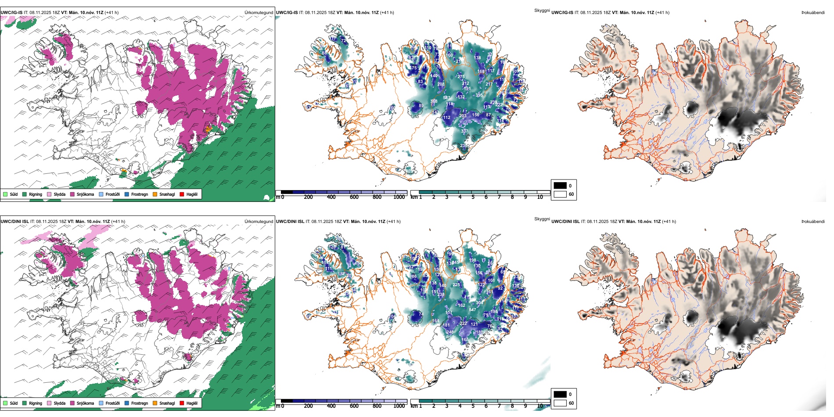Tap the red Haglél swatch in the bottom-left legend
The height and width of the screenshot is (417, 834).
tap(182, 403)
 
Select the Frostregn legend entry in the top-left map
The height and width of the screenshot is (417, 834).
tap(139, 194)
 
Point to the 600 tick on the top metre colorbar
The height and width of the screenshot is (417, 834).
tap(354, 197)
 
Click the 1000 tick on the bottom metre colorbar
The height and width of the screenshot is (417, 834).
tap(399, 406)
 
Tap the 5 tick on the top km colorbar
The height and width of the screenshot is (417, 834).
tap(473, 197)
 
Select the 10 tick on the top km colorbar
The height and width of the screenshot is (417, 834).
tap(540, 197)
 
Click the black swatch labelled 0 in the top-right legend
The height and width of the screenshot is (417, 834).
tap(560, 186)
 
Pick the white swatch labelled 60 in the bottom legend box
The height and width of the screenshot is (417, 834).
tap(560, 403)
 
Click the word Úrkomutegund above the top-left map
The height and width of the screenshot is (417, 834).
tap(259, 13)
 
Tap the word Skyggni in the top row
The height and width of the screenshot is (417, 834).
tap(542, 10)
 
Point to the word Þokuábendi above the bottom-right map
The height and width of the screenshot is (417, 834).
tap(813, 222)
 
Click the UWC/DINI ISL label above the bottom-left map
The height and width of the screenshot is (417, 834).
tap(14, 222)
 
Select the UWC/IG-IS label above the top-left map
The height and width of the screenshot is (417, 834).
tap(11, 13)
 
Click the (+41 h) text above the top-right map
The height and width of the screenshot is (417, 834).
tap(662, 13)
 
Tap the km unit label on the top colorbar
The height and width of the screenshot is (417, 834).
tap(413, 197)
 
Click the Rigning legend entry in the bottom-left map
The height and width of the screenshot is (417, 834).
tap(35, 403)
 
